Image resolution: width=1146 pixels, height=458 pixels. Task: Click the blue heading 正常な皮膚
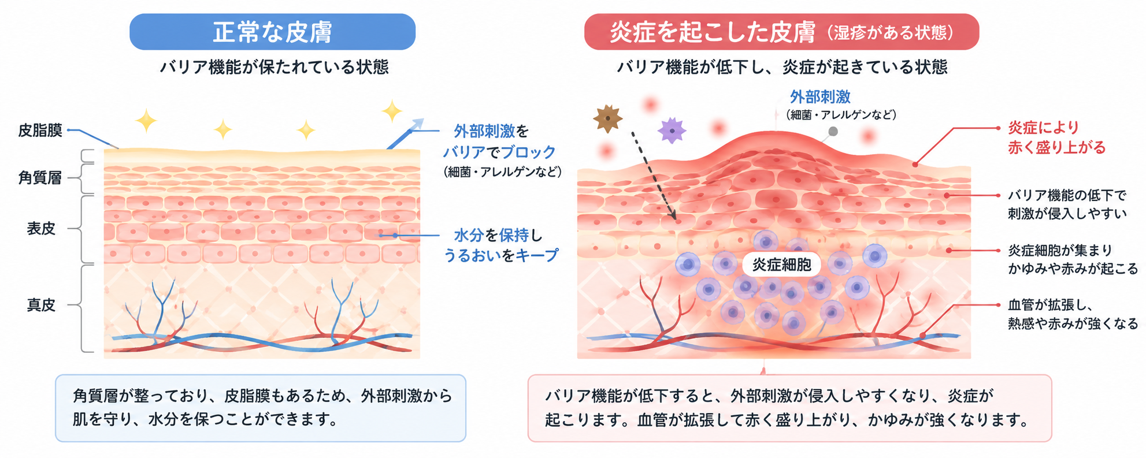(x=273, y=32)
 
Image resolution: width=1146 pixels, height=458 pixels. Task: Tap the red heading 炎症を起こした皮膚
(x=713, y=32)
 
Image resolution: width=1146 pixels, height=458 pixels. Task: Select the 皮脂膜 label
(x=40, y=130)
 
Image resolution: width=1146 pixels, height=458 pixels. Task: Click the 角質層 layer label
(x=40, y=177)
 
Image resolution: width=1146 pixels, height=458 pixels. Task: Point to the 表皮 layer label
(x=41, y=229)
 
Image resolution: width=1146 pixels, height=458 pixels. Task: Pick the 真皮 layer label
(x=41, y=305)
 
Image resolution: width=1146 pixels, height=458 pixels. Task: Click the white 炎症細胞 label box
(x=781, y=265)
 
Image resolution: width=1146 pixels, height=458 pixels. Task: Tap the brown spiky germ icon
(x=607, y=118)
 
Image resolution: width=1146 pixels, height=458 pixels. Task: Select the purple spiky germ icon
(x=672, y=131)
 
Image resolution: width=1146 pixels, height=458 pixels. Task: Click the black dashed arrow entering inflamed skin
(x=654, y=176)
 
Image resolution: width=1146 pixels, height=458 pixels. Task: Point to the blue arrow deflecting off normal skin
(x=405, y=133)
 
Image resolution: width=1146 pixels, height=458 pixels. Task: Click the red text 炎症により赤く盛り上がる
(x=1056, y=137)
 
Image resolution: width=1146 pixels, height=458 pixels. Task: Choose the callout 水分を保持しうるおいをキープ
(x=500, y=245)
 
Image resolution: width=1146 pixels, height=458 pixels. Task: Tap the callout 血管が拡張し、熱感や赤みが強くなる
(x=1073, y=314)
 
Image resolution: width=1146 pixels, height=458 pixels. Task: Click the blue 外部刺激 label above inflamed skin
(x=820, y=96)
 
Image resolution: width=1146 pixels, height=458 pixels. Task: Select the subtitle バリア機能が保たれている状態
(x=274, y=67)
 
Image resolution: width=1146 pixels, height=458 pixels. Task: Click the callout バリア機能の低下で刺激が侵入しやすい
(x=1067, y=204)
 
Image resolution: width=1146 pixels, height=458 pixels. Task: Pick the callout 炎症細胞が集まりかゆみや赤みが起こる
(x=1073, y=259)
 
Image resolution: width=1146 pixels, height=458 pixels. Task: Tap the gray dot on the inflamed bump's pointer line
(x=833, y=132)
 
